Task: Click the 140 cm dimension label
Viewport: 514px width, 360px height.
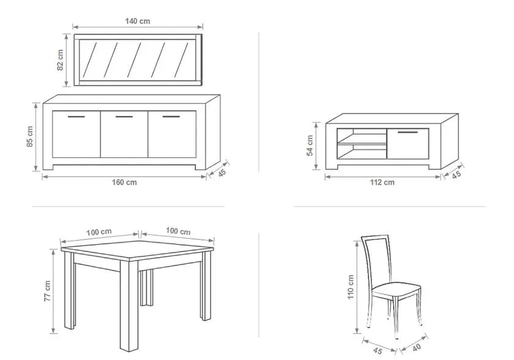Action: point(137,21)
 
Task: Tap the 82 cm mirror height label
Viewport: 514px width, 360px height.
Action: point(60,60)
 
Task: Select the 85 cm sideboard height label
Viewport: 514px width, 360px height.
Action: point(30,137)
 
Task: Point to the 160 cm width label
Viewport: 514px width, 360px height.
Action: point(124,182)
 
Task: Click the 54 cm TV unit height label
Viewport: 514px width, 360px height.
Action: point(310,146)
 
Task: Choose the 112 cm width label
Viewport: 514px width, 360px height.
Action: point(382,182)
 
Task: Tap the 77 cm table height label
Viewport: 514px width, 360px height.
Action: point(47,291)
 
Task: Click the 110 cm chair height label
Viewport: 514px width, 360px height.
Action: point(351,287)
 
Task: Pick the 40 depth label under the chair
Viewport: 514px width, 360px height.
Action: point(416,348)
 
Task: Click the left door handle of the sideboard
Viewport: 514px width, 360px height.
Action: point(76,116)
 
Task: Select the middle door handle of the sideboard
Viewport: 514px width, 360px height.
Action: point(124,116)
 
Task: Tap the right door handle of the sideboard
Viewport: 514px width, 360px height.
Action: point(171,116)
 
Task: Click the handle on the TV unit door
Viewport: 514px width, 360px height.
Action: point(408,132)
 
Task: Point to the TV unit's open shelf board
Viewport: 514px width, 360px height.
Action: point(362,143)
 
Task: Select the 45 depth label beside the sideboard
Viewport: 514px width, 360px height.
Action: point(222,173)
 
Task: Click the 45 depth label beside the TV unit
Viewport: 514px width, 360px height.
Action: point(456,174)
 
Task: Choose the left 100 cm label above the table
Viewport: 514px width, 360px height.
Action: point(99,232)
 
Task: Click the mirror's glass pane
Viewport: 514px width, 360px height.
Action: point(137,59)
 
